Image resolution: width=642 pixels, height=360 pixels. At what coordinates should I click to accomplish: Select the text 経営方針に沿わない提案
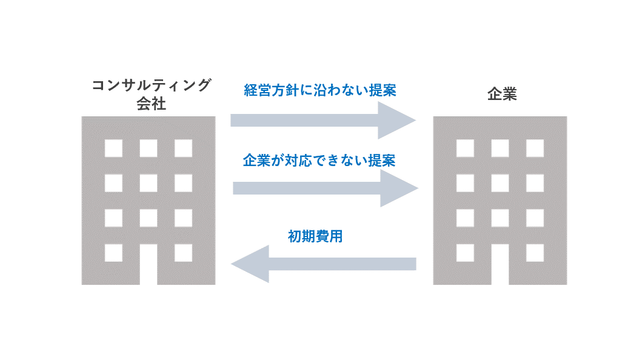[x=320, y=91]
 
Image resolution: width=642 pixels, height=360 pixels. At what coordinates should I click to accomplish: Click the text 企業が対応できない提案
[x=319, y=161]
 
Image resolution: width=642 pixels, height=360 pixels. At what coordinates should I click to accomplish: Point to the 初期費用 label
[x=315, y=236]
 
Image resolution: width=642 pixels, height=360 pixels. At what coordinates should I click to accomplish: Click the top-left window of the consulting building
[x=113, y=148]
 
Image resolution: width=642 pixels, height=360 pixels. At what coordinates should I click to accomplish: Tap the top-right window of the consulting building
[x=184, y=148]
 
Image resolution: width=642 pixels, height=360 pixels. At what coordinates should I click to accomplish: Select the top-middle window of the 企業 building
[x=500, y=148]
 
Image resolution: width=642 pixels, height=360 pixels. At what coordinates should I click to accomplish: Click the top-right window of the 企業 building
[x=535, y=148]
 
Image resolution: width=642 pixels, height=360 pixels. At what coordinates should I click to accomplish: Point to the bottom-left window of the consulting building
[x=113, y=252]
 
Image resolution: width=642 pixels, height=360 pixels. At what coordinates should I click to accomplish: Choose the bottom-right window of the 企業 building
[x=535, y=252]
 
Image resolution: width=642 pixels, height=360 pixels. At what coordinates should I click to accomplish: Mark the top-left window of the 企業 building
[x=465, y=148]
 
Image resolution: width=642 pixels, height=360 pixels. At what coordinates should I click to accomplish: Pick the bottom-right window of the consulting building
[x=184, y=252]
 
